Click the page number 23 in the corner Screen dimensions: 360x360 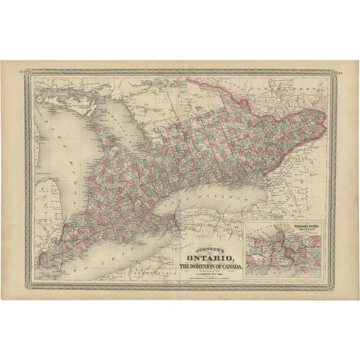(x=339, y=73)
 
